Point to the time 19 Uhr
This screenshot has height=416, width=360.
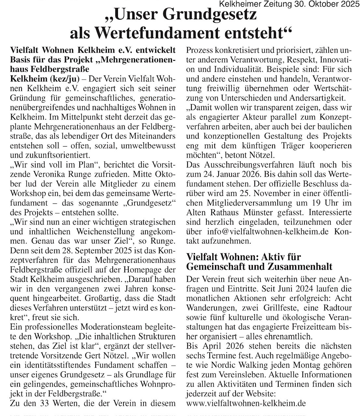point(319,202)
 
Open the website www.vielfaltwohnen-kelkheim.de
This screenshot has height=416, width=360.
point(246,403)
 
